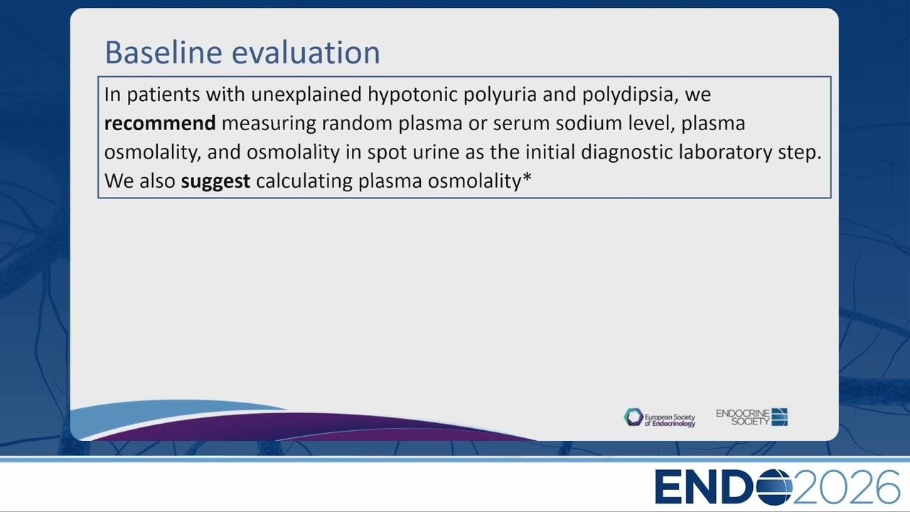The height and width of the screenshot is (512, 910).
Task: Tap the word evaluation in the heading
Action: pos(306,52)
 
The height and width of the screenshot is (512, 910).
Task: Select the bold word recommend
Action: pos(160,123)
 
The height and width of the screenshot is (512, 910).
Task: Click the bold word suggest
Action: pos(215,181)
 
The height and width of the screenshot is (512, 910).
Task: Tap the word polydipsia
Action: pos(631,95)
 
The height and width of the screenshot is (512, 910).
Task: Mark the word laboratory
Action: pos(726,153)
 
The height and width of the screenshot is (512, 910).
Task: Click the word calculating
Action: pos(304,181)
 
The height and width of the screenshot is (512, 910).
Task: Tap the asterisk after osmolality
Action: pos(527,177)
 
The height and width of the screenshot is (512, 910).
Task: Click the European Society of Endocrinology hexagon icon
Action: pos(633,417)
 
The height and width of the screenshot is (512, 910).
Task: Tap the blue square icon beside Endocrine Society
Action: pos(780,417)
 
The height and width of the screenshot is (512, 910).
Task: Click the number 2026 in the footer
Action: pos(847,487)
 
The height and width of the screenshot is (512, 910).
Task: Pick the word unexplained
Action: pos(306,95)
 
